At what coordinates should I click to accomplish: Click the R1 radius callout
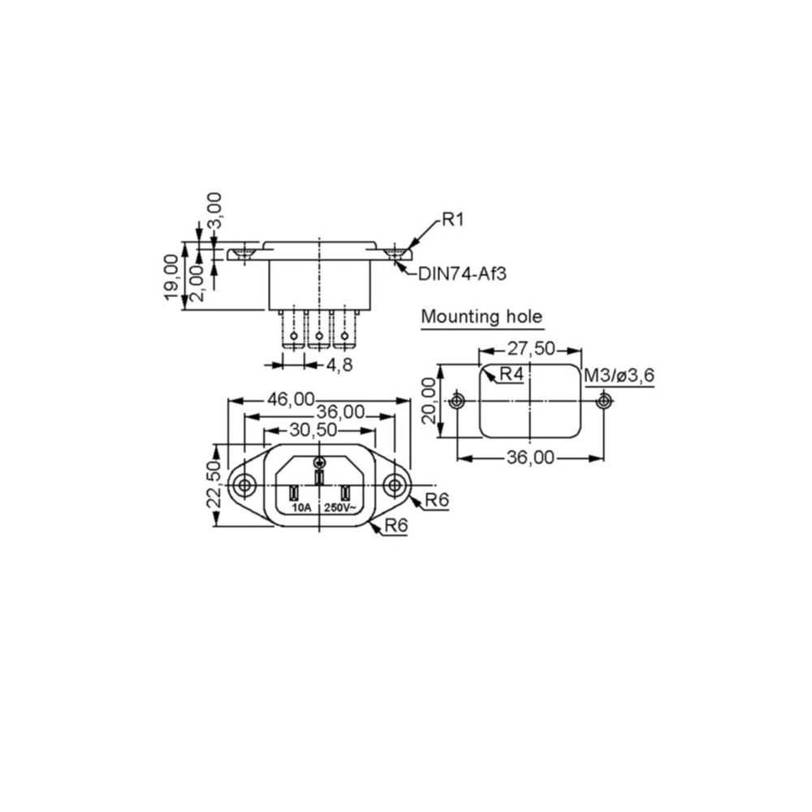tap(452, 219)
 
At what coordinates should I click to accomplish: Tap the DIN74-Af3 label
tap(462, 274)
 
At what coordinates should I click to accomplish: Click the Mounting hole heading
tap(482, 317)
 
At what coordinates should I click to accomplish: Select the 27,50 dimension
tap(531, 349)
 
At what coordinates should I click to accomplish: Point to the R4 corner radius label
tap(512, 374)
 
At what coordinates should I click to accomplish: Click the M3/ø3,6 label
tap(620, 375)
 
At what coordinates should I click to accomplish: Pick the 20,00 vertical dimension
tap(430, 401)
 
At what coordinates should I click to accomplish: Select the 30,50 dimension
tap(313, 430)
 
